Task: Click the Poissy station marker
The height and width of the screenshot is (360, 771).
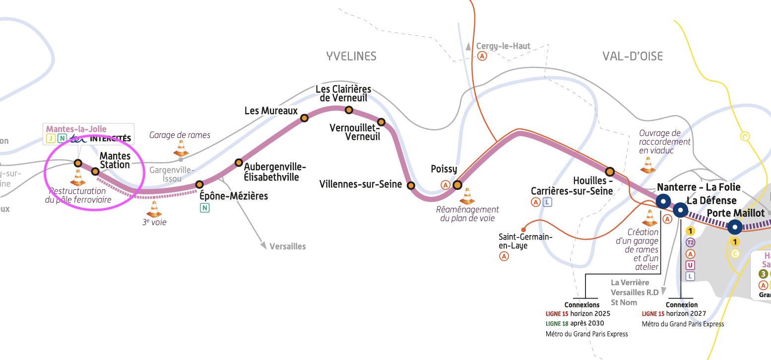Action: click(x=457, y=185)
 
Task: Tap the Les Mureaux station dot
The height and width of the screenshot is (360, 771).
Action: click(x=304, y=118)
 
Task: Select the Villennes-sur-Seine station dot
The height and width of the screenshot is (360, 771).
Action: click(x=411, y=185)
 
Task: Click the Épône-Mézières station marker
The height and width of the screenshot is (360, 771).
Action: click(x=199, y=184)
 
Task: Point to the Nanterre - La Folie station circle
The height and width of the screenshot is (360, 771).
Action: click(x=663, y=201)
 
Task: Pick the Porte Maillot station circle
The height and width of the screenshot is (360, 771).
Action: click(x=735, y=227)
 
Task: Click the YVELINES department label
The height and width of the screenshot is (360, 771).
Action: click(x=351, y=56)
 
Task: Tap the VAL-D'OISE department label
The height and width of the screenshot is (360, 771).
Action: click(x=633, y=56)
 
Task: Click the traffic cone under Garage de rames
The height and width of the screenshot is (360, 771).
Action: click(x=181, y=148)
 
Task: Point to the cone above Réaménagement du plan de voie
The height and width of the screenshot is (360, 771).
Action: click(x=467, y=196)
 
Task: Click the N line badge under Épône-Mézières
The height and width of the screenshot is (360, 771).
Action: click(x=204, y=208)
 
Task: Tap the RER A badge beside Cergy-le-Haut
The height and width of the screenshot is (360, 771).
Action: click(x=482, y=57)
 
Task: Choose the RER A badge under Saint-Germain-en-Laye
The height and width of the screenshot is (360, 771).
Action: click(x=504, y=256)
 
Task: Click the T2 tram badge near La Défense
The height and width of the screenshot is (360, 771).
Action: click(x=690, y=242)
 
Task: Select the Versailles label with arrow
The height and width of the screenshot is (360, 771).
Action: click(x=287, y=246)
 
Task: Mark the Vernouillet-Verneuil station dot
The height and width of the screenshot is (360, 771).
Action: click(x=381, y=122)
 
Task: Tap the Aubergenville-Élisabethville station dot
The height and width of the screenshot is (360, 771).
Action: click(x=239, y=163)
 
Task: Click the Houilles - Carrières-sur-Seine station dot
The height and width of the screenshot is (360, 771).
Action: click(x=610, y=171)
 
